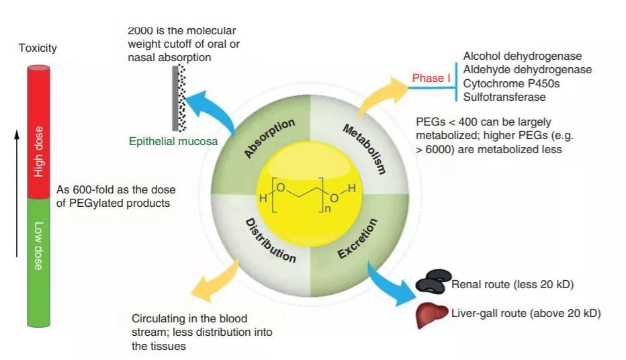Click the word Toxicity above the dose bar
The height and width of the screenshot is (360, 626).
click(x=38, y=48)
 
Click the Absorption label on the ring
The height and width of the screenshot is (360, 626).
click(x=269, y=138)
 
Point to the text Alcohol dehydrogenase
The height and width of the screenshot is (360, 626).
click(x=523, y=56)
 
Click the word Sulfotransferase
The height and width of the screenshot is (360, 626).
click(x=504, y=97)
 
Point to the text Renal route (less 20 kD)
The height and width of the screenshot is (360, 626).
click(x=512, y=285)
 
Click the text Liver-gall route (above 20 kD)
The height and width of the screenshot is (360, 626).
click(x=525, y=313)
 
